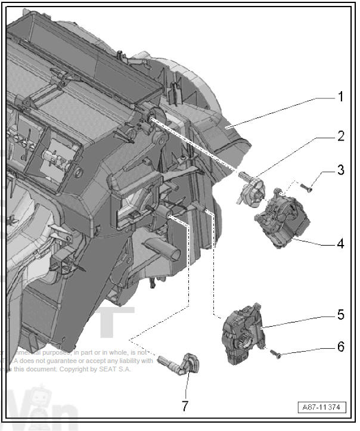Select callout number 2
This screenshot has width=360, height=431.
340,137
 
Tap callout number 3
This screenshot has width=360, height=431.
340,170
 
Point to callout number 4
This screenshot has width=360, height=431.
340,244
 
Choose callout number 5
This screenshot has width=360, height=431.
340,314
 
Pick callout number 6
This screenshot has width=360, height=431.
340,347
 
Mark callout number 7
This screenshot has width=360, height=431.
185,407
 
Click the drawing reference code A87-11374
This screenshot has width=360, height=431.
322,408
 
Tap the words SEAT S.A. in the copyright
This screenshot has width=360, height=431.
117,370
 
